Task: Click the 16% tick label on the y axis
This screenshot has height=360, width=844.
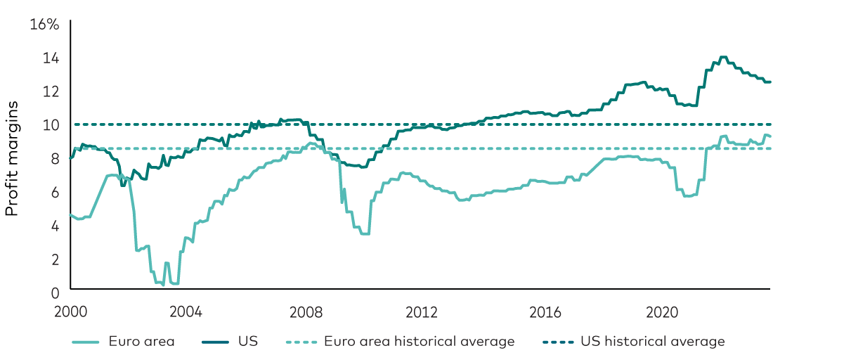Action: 44,25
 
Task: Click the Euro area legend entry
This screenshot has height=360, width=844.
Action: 141,342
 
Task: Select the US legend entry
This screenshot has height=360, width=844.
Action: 248,342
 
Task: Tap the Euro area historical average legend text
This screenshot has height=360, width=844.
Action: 419,342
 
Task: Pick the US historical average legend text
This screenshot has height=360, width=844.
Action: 652,342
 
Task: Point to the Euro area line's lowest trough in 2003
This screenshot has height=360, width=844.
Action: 163,285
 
